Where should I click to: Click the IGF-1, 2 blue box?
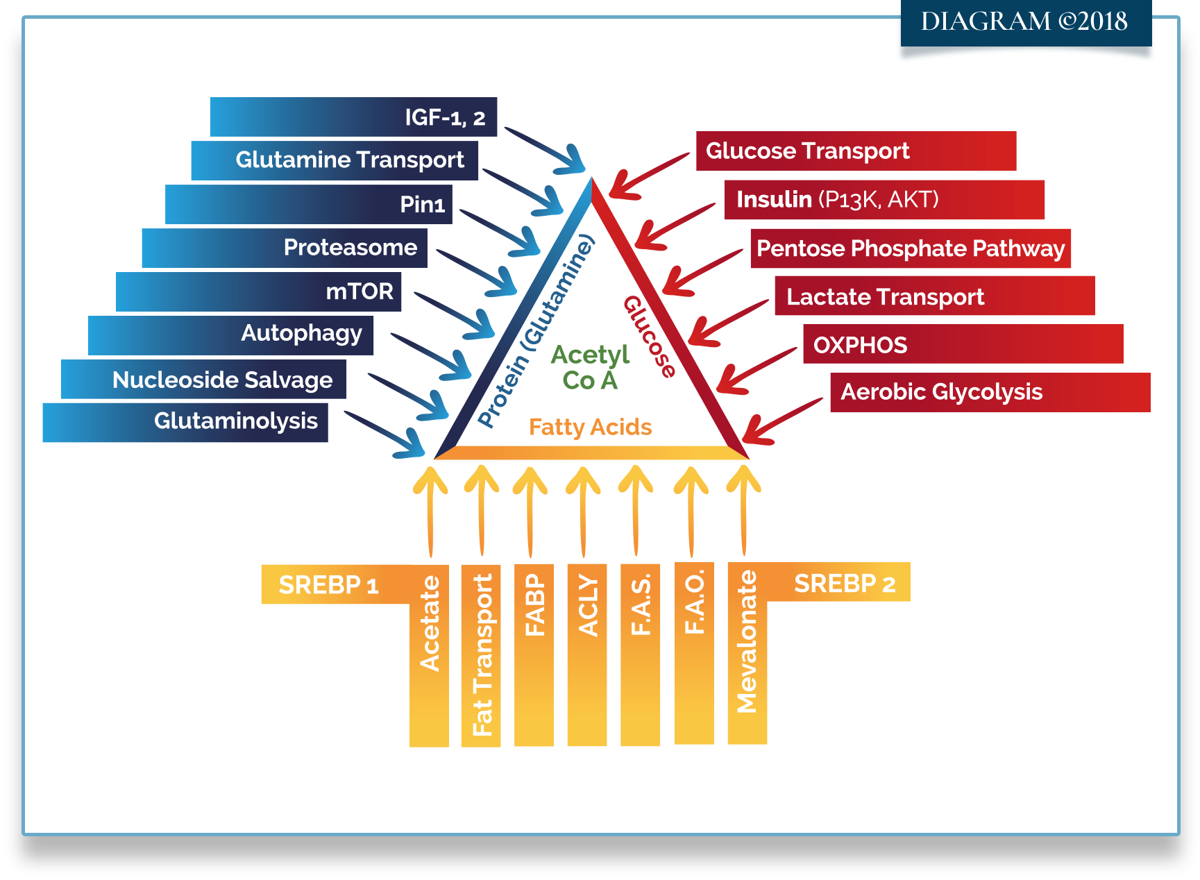click(x=353, y=117)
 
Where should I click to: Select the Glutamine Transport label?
click(x=335, y=160)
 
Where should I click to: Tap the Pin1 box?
click(x=309, y=204)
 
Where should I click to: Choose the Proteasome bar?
click(x=285, y=248)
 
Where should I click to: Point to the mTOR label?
click(x=258, y=291)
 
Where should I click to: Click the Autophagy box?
click(x=230, y=335)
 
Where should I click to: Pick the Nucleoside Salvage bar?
click(x=203, y=379)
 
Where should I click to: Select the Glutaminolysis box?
click(x=185, y=422)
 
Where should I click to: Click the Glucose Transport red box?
click(x=856, y=151)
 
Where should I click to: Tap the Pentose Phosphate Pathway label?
click(x=910, y=248)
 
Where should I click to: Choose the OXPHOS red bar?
click(x=963, y=344)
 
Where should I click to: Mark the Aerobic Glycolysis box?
click(x=990, y=392)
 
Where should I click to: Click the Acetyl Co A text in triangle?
click(x=590, y=367)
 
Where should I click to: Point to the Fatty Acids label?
click(x=590, y=427)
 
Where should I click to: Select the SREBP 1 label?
click(x=328, y=585)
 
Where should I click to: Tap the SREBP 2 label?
click(x=845, y=584)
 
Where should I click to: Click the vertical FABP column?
click(x=534, y=654)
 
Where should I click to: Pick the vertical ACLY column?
click(x=587, y=654)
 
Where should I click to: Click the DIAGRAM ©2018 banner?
click(x=1025, y=22)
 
